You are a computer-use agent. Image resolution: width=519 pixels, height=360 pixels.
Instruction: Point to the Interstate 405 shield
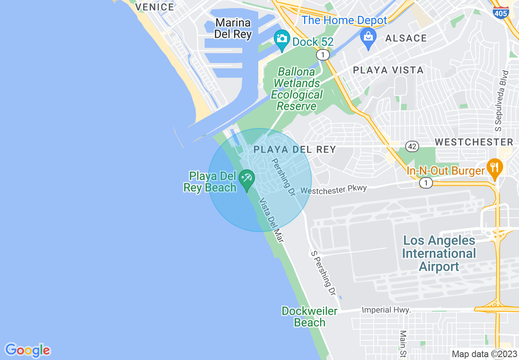tap(501, 12)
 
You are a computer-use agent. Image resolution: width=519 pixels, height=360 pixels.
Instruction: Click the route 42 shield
tap(412, 146)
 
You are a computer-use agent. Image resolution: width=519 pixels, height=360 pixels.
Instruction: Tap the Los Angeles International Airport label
tap(439, 253)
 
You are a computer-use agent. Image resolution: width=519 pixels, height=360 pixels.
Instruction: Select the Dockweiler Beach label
tap(309, 317)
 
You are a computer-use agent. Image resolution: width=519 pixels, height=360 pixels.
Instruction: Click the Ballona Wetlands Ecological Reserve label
tap(297, 89)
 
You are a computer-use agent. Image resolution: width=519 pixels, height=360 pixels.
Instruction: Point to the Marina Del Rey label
tap(233, 28)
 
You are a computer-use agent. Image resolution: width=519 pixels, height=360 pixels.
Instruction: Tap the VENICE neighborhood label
tap(155, 7)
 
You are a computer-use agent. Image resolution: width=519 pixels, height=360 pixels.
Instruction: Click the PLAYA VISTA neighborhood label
tap(388, 70)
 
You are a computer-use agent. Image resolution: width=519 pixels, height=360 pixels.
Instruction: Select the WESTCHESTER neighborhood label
tap(474, 142)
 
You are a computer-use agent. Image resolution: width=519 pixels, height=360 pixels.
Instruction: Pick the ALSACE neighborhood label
tap(406, 38)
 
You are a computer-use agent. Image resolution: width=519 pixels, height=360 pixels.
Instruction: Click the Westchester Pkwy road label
tap(334, 189)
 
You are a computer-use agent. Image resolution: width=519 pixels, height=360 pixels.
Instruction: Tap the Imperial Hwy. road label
tap(386, 310)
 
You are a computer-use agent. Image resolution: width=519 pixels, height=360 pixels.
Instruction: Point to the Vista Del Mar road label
tap(271, 220)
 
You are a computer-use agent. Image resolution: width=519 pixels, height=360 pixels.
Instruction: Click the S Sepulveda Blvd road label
tap(502, 101)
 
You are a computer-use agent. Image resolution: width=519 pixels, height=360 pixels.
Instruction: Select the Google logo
tap(27, 350)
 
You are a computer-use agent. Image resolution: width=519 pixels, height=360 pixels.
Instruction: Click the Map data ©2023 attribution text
tap(483, 354)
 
